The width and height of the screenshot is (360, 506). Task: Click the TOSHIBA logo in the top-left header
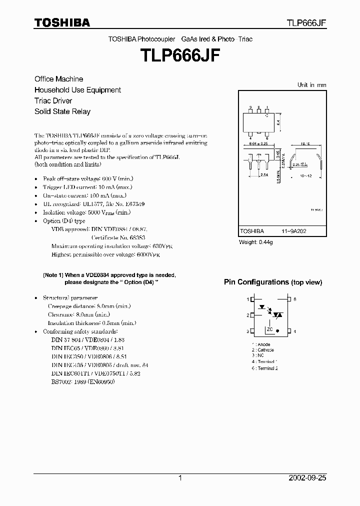tap(62, 23)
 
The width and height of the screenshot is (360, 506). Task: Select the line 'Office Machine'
tap(58, 79)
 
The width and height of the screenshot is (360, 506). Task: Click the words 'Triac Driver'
tap(53, 101)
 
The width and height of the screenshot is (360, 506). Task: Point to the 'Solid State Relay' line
tap(62, 111)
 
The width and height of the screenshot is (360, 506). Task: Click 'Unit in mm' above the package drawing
tap(311, 85)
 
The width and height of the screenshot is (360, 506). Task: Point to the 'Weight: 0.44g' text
tap(255, 242)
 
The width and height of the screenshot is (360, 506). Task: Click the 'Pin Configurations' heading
tap(256, 282)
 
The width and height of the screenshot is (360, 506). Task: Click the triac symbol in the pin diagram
tap(279, 315)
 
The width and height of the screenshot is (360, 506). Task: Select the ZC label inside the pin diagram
tap(269, 329)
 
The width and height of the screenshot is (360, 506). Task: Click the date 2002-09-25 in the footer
tap(307, 478)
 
